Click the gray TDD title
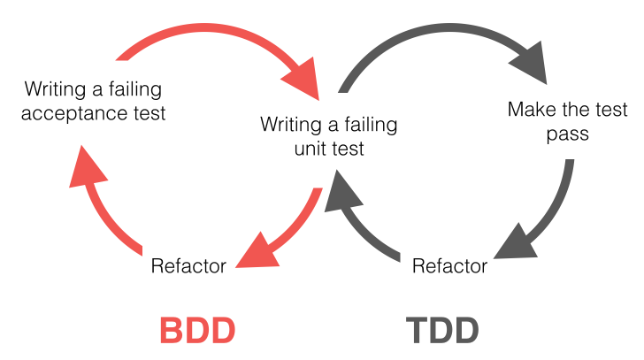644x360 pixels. coord(443,330)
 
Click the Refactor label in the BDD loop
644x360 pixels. coord(188,265)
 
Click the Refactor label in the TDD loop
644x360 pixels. coord(450,265)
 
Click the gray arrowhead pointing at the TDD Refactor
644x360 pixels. coord(512,241)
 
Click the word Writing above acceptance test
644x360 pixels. coord(54,89)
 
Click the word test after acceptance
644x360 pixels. coord(149,113)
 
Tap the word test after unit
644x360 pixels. coord(346,148)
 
